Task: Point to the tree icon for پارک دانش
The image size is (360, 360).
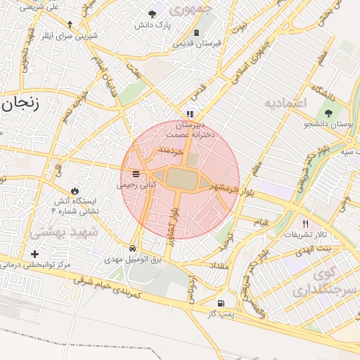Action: [153, 14]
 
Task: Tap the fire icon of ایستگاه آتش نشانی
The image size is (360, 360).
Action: [75, 191]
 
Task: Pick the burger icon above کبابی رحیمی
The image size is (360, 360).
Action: [135, 174]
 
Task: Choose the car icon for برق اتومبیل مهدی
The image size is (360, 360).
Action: [133, 248]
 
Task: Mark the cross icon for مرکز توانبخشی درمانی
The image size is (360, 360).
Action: [34, 254]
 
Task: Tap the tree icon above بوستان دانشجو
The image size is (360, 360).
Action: [328, 112]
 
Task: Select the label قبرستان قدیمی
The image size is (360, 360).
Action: [198, 43]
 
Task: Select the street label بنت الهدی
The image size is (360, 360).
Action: [314, 250]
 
